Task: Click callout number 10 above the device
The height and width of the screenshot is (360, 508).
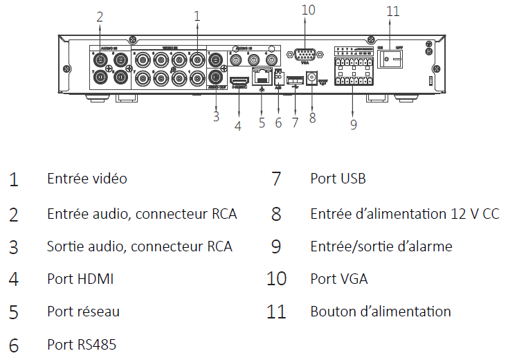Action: [x=309, y=9]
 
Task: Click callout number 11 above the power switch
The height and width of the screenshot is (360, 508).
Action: [x=393, y=12]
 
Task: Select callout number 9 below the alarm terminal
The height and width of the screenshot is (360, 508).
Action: [x=353, y=125]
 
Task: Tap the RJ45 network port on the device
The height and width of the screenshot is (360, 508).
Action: [x=262, y=76]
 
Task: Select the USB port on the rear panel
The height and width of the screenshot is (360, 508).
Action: [x=295, y=80]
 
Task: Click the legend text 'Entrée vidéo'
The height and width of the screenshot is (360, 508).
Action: [x=87, y=179]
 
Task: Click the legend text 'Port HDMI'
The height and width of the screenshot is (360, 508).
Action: [x=80, y=279]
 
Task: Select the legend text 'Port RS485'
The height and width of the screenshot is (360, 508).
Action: [x=82, y=344]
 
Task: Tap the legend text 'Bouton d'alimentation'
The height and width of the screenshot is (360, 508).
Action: [x=381, y=312]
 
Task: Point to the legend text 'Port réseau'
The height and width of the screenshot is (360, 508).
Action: [x=83, y=312]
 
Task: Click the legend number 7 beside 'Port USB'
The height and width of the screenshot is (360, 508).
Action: [x=276, y=179]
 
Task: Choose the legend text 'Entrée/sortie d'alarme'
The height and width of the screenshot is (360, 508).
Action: [x=381, y=246]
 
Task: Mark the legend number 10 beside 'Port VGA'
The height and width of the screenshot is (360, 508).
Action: [x=276, y=279]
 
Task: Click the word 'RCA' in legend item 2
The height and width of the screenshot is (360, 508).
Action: [x=224, y=214]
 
